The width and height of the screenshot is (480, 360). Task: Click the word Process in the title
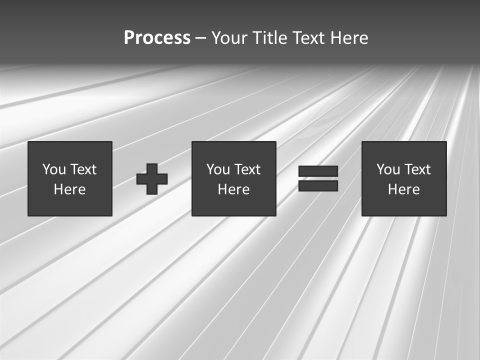click(x=157, y=38)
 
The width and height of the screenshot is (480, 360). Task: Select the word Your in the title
click(x=230, y=38)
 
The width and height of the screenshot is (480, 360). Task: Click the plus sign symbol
click(x=152, y=178)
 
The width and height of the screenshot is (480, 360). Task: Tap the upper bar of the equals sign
click(x=318, y=171)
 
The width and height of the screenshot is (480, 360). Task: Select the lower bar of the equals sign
click(x=318, y=186)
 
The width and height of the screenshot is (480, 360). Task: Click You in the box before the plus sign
click(x=54, y=169)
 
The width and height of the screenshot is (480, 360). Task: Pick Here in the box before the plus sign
click(x=69, y=189)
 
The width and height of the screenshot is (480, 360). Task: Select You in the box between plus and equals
click(x=218, y=169)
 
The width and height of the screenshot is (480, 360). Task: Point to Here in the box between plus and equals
click(x=233, y=189)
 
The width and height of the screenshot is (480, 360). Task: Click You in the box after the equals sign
click(x=388, y=169)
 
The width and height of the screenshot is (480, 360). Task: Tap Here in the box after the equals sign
click(x=403, y=189)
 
